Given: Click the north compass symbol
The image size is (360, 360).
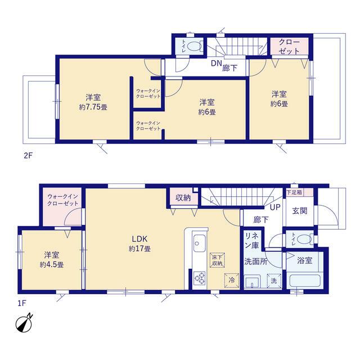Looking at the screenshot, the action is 24,324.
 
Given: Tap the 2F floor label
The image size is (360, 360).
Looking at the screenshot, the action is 29,156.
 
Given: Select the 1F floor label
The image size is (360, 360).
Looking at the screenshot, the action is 22,304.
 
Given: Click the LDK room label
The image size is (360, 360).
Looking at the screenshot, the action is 139,239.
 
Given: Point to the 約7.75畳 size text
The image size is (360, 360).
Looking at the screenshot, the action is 93,107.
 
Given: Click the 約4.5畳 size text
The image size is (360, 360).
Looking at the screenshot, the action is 52,265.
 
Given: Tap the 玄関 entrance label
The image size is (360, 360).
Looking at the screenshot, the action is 300,211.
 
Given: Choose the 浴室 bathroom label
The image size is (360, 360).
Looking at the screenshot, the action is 305,260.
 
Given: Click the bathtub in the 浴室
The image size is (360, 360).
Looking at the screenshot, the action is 305,282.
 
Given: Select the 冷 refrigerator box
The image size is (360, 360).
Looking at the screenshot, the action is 232,280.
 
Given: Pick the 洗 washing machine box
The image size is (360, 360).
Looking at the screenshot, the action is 274,281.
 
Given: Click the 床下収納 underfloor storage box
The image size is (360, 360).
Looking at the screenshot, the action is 217,260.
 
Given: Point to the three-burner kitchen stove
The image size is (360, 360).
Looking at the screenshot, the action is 200,278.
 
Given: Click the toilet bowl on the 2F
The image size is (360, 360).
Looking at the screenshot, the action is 194,46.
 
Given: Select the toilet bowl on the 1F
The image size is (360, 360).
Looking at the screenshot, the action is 305,239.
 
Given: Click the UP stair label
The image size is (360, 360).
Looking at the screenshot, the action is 275,208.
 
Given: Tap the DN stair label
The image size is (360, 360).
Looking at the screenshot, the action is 216,64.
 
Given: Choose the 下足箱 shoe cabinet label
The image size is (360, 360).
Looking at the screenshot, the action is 294,192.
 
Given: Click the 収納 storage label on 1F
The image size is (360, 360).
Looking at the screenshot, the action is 183,198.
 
